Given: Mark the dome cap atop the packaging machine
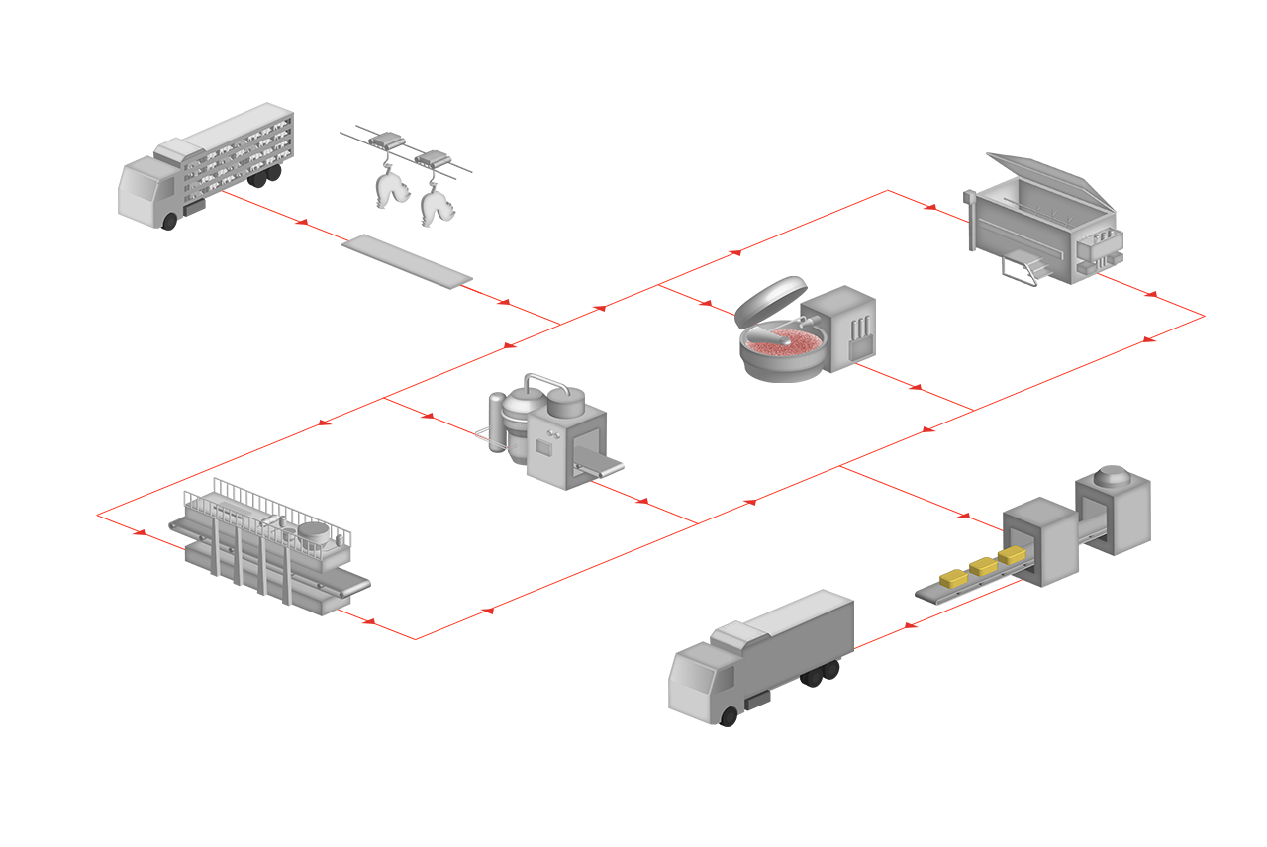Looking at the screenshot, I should [1115, 476].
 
